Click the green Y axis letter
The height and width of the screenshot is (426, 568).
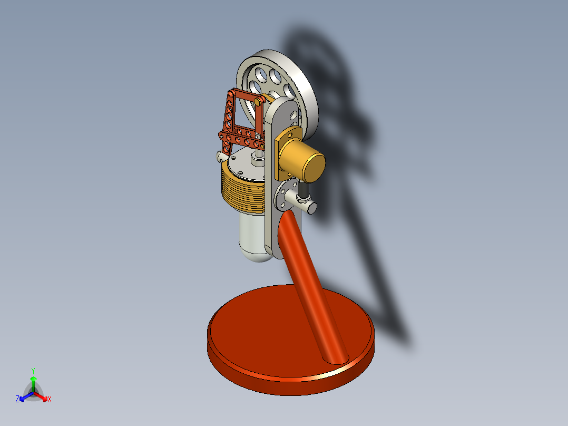coord(33,370)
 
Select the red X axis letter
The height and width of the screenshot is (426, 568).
coord(50,400)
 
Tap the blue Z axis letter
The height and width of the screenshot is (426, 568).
coord(17,400)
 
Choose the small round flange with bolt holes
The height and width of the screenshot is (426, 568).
coord(288,193)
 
